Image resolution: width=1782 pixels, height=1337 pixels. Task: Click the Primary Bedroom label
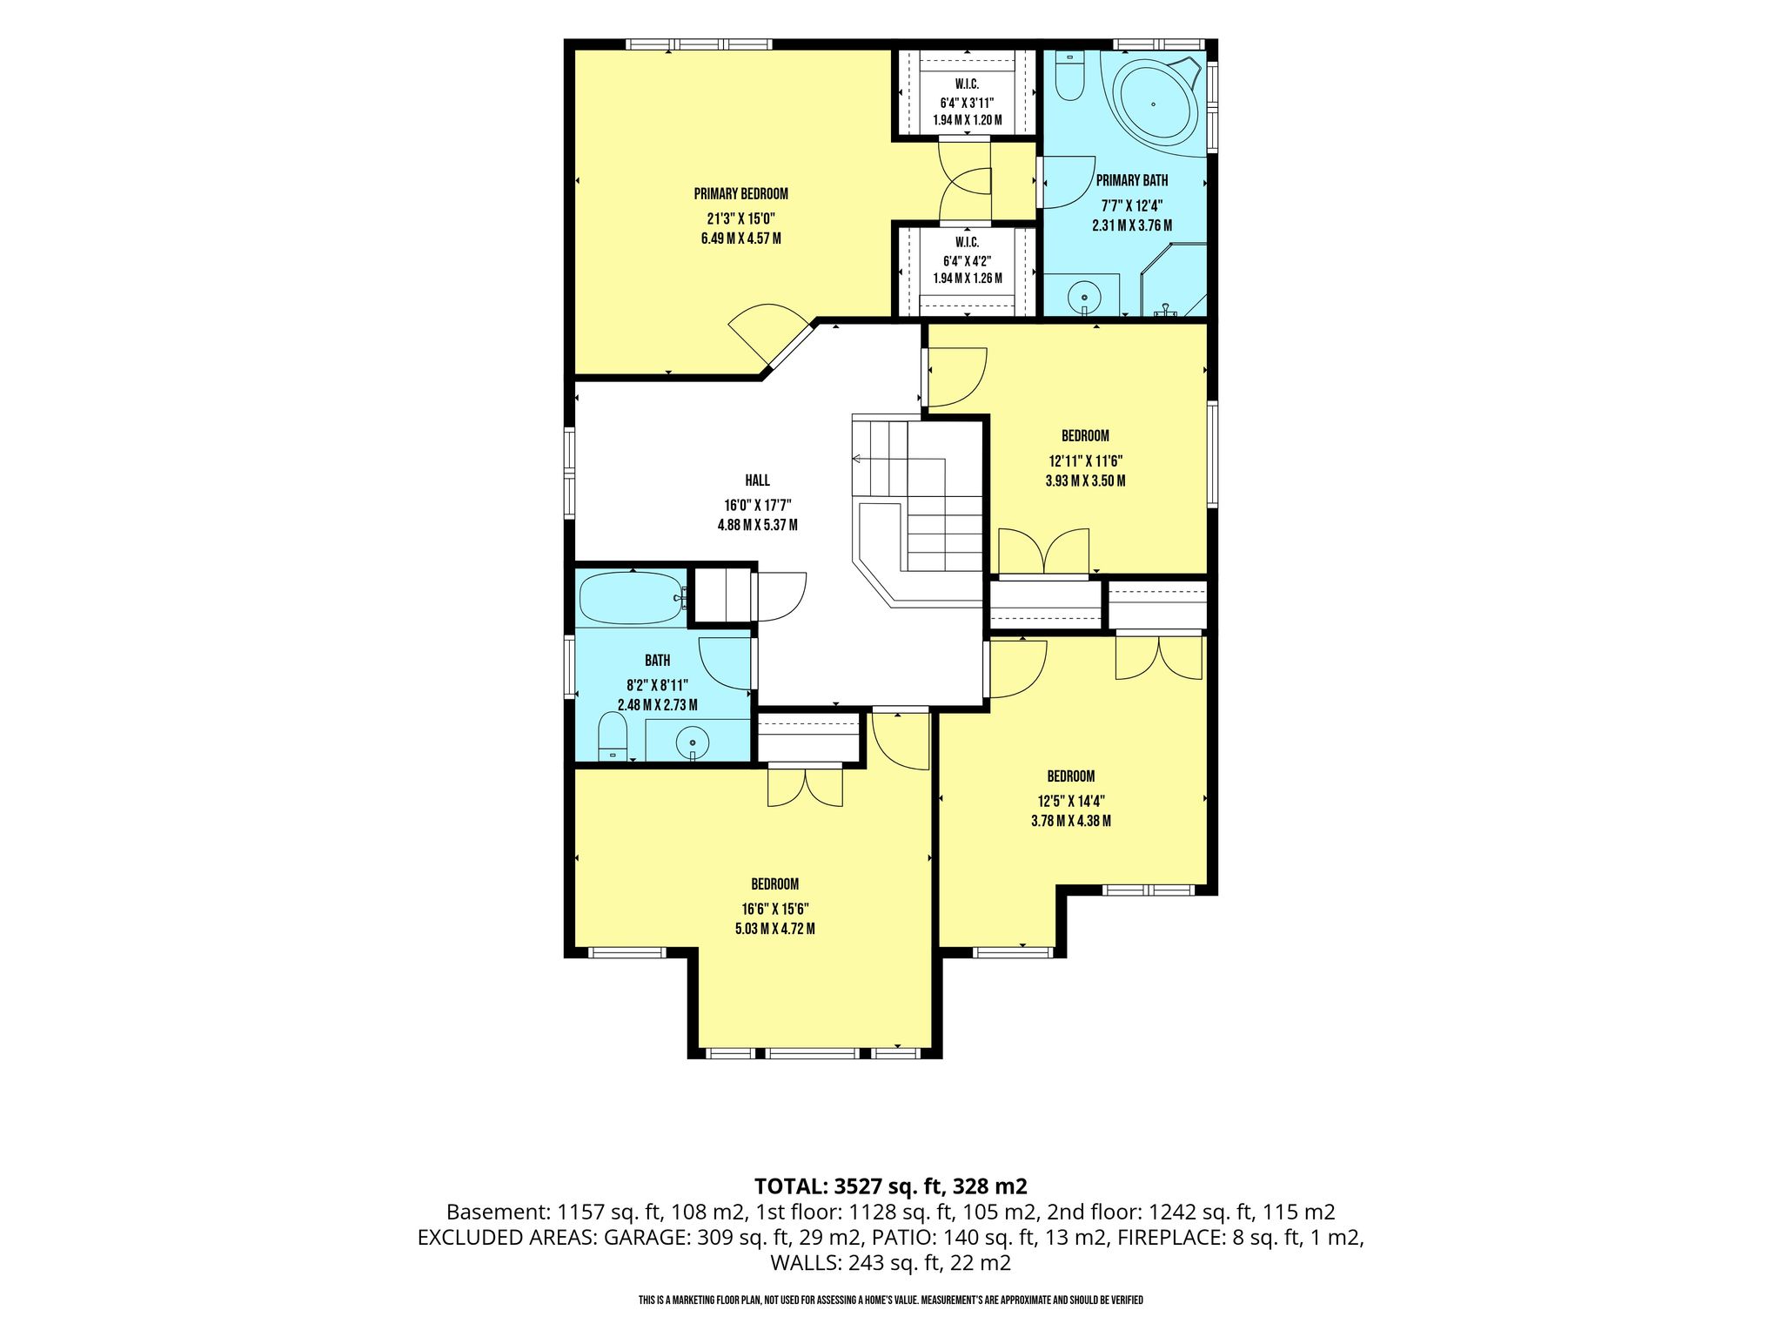point(740,193)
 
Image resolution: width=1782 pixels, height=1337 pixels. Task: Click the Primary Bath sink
point(1084,296)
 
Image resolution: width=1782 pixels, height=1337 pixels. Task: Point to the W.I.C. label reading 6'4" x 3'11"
point(967,102)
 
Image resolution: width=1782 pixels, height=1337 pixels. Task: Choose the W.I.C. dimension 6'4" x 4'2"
point(967,260)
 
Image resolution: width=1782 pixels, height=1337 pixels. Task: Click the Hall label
point(757,480)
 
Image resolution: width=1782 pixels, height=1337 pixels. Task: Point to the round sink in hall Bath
point(693,742)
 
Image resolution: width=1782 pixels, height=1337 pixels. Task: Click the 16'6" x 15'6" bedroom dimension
point(774,907)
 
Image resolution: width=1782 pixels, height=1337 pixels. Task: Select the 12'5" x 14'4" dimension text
point(1070,799)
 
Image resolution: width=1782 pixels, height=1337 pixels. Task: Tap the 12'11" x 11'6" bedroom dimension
point(1085,459)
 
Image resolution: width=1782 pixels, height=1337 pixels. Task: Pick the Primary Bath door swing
point(1069,182)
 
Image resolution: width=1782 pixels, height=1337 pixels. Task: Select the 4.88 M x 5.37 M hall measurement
point(757,525)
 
